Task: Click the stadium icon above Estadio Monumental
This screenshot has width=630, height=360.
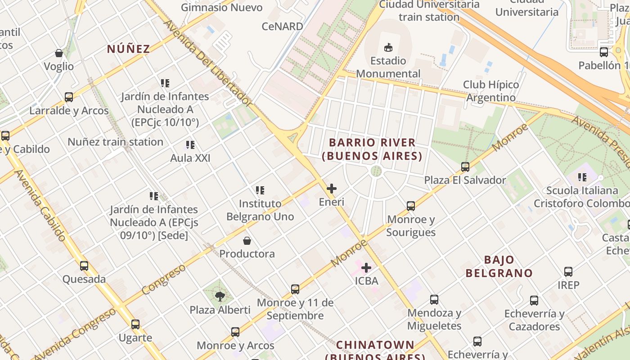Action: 388,47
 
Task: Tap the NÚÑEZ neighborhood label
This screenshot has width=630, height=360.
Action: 128,49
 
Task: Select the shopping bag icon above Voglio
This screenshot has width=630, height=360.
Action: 59,53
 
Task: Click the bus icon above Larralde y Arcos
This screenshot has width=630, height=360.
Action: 69,97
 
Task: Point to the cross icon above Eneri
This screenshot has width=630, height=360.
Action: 332,189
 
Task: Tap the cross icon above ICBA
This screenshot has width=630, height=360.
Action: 366,268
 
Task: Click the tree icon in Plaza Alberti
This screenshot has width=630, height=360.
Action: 220,297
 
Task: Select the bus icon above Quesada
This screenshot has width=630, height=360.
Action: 84,266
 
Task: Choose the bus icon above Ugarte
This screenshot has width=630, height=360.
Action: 135,324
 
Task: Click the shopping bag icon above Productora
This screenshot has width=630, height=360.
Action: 247,241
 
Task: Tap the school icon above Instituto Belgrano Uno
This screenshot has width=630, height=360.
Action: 260,190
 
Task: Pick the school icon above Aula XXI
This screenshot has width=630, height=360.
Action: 190,145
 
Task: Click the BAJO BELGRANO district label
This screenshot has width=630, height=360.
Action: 499,266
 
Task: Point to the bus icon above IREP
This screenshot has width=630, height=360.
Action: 568,272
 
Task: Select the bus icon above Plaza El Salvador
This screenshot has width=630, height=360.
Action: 465,167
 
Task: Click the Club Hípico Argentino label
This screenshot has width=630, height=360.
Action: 491,91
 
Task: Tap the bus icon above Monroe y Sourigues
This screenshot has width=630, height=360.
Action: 411,206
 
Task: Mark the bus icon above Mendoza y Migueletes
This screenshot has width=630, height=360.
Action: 434,300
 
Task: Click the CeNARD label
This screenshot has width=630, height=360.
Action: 283,27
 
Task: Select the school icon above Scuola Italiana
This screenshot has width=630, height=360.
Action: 582,177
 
